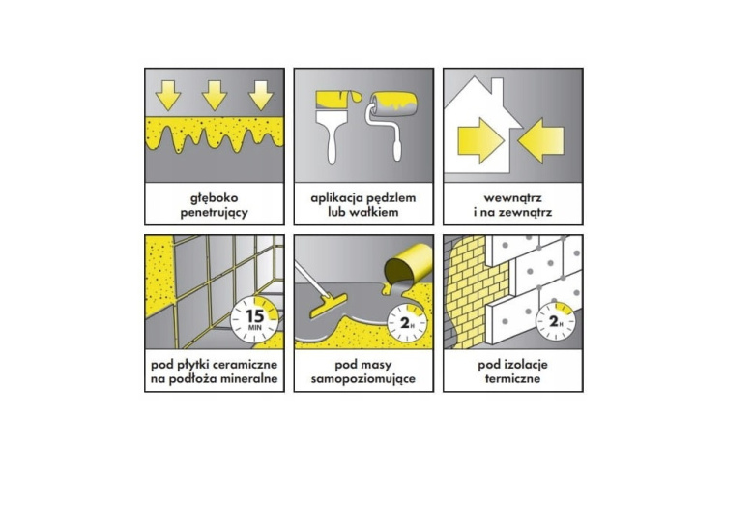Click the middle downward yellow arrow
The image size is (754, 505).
tap(215, 96)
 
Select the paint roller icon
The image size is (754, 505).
tap(391, 124)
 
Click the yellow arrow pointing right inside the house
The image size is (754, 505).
tap(480, 141)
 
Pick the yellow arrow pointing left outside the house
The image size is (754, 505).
tap(541, 140)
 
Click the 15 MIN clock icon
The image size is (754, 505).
tap(255, 319)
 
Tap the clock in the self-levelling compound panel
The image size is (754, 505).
tap(407, 323)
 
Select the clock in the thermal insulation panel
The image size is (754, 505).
tap(556, 321)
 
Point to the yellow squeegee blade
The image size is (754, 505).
tap(329, 306)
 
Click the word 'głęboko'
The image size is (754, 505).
tap(215, 198)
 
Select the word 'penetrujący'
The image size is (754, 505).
tap(215, 212)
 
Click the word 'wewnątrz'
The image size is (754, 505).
tap(513, 198)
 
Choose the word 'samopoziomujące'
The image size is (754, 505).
tap(363, 379)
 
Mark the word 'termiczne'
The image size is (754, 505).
tap(513, 378)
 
